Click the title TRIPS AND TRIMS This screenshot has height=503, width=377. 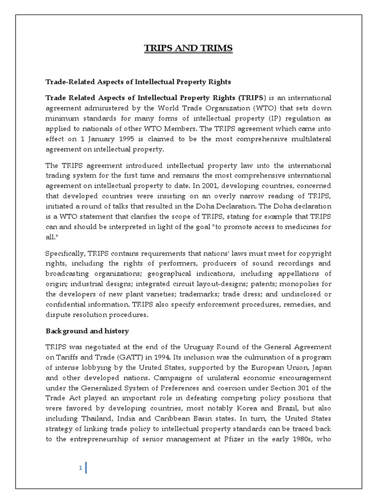188,48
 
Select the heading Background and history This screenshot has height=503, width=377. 87,331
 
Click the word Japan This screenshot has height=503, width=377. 321,367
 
